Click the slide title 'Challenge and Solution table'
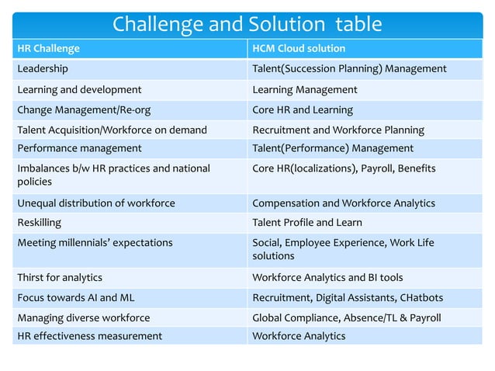tap(247, 24)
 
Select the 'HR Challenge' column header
tap(48, 49)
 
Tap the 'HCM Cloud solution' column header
tap(299, 49)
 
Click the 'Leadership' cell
tap(43, 69)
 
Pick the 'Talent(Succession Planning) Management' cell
tap(349, 69)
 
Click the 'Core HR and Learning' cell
tap(303, 109)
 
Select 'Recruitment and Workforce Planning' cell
tap(338, 130)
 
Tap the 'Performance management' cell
tap(79, 148)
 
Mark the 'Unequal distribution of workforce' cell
tap(96, 203)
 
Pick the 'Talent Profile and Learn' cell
tap(307, 223)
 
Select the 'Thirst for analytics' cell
tap(60, 277)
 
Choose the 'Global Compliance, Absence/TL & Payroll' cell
tap(347, 317)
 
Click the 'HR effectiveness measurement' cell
tap(90, 336)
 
